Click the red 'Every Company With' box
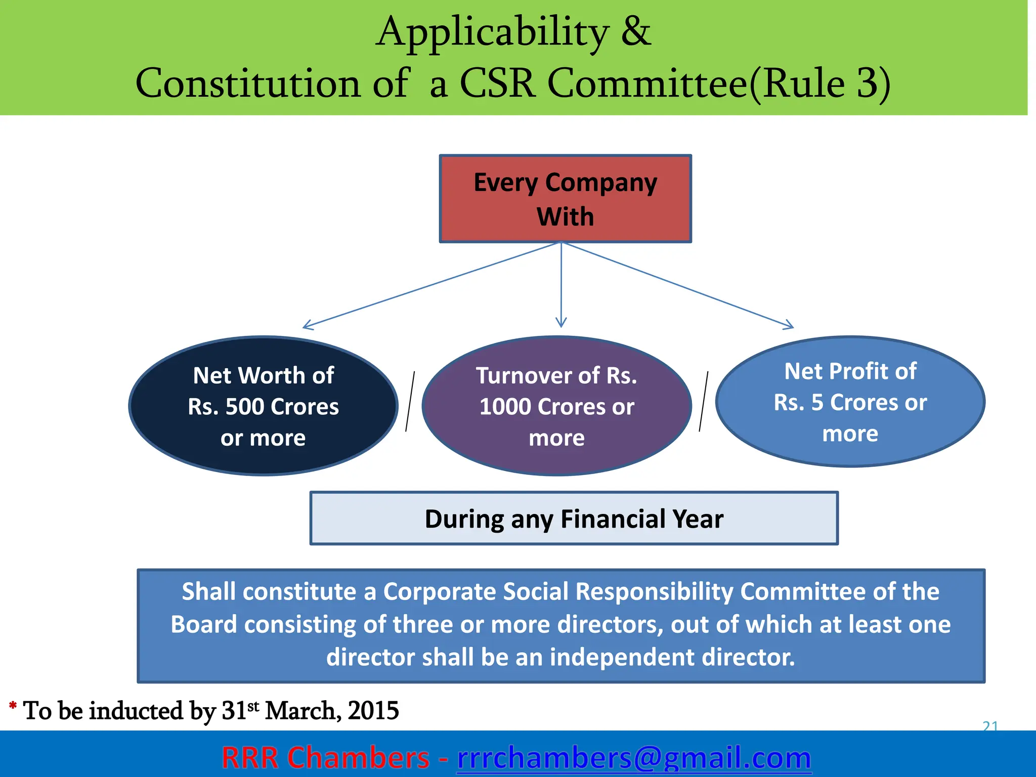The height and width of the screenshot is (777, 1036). (565, 199)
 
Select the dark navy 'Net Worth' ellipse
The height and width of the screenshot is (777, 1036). (263, 406)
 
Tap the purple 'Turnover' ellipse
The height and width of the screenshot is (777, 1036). (556, 406)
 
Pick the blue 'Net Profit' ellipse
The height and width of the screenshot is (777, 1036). (850, 402)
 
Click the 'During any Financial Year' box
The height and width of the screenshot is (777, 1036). (574, 519)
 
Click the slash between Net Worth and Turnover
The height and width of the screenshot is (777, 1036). (410, 402)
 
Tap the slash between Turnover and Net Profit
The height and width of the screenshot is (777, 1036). (704, 402)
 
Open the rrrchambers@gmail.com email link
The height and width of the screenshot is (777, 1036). (634, 758)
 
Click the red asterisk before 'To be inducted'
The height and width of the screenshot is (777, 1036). (13, 706)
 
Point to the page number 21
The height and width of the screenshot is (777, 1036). (990, 726)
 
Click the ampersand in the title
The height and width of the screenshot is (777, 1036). (635, 31)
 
